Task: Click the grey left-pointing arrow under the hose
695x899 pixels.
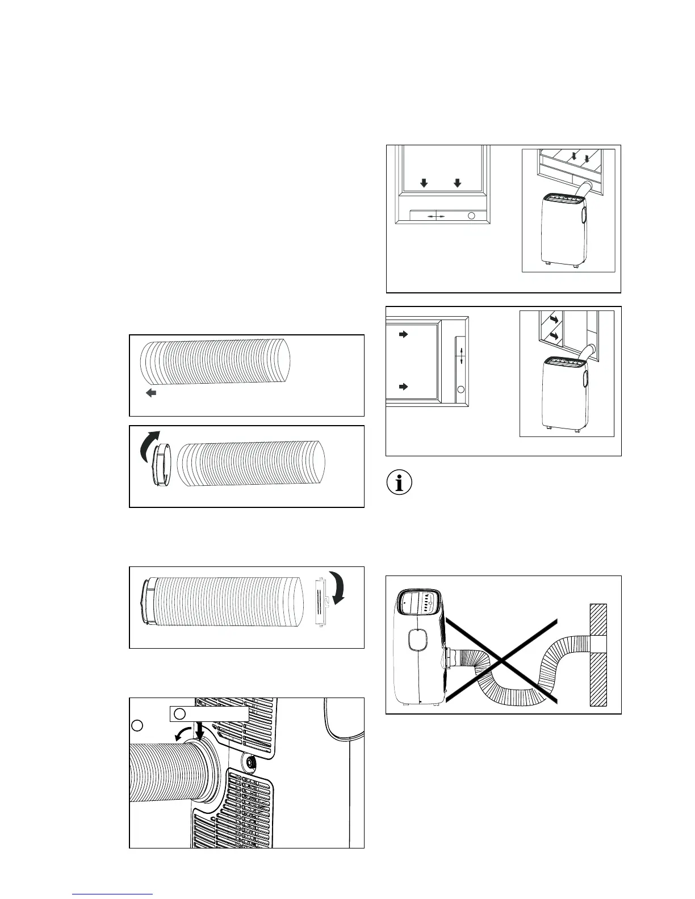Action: [151, 393]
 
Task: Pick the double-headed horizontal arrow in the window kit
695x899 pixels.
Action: [436, 216]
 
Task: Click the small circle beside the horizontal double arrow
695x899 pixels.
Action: [471, 216]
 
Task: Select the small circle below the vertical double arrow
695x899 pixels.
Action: [461, 389]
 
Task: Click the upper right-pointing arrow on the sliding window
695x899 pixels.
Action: [404, 335]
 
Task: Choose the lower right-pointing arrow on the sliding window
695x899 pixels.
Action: [404, 387]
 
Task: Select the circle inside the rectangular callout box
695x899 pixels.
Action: [179, 713]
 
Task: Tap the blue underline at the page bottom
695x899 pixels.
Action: [112, 894]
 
